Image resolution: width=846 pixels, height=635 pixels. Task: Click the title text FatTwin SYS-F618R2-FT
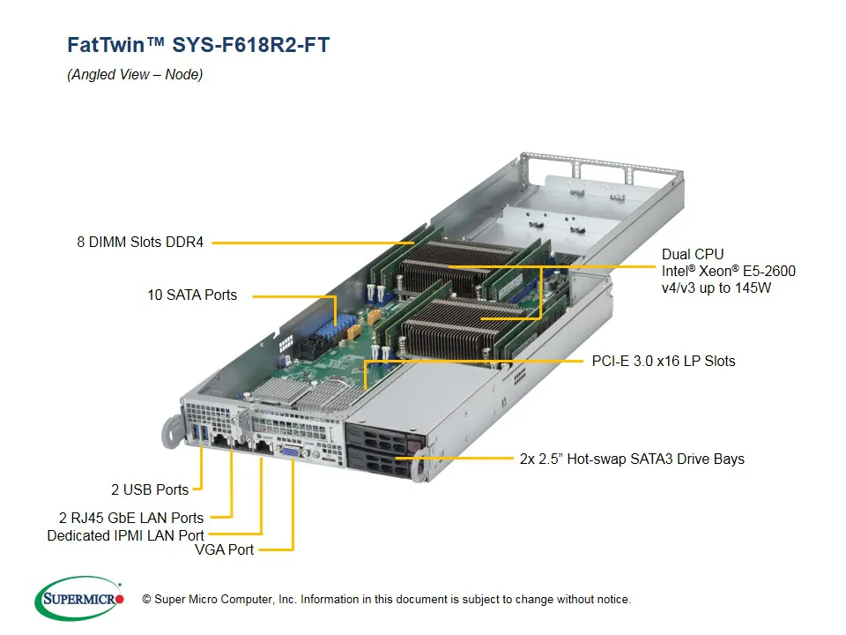coord(198,45)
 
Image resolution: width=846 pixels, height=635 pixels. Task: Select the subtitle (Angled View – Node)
coord(135,75)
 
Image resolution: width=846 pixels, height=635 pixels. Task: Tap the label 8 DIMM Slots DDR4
coord(140,242)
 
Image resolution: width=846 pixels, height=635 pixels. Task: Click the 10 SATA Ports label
coord(192,295)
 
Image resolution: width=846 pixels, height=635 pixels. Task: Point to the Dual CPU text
coord(693,255)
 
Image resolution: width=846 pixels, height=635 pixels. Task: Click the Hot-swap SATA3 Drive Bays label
coord(632,459)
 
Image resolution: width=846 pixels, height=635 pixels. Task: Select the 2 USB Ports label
coord(150,489)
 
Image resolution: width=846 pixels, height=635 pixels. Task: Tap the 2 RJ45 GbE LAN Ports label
coord(126,518)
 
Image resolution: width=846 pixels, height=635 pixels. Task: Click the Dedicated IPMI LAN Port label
coord(125,535)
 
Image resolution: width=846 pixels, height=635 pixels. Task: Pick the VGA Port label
coord(224,549)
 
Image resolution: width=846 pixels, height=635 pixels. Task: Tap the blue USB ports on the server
coord(201,434)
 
